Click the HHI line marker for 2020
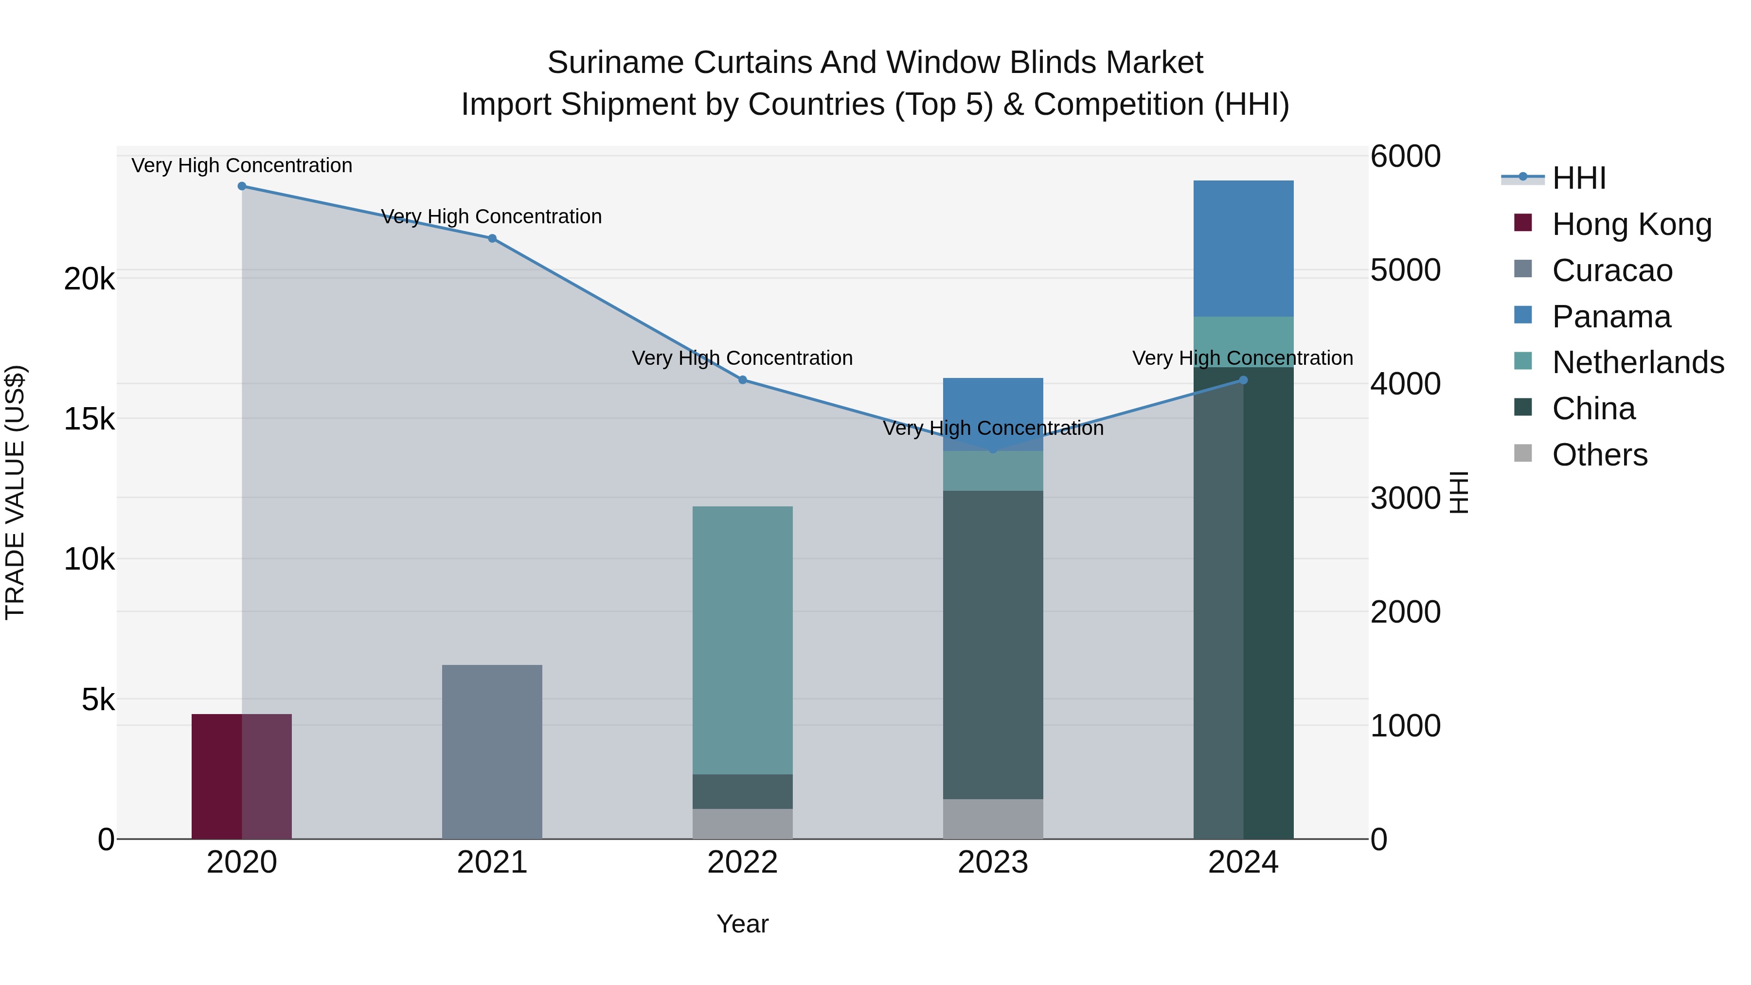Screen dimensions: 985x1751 242,186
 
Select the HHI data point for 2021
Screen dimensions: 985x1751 492,239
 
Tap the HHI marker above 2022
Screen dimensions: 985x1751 743,380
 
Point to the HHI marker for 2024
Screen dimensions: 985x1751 1243,380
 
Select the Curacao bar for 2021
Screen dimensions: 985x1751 492,752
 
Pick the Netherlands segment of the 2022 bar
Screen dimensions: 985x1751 742,640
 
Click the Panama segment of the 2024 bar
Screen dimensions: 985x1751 1243,249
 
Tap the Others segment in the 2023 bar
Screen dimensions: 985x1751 993,819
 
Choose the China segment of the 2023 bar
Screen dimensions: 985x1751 993,645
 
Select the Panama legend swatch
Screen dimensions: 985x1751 1523,315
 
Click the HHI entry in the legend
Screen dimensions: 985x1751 1579,178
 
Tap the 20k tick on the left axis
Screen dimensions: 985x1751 89,279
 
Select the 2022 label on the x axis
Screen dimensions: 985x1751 742,862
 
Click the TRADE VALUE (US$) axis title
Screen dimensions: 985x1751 16,492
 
